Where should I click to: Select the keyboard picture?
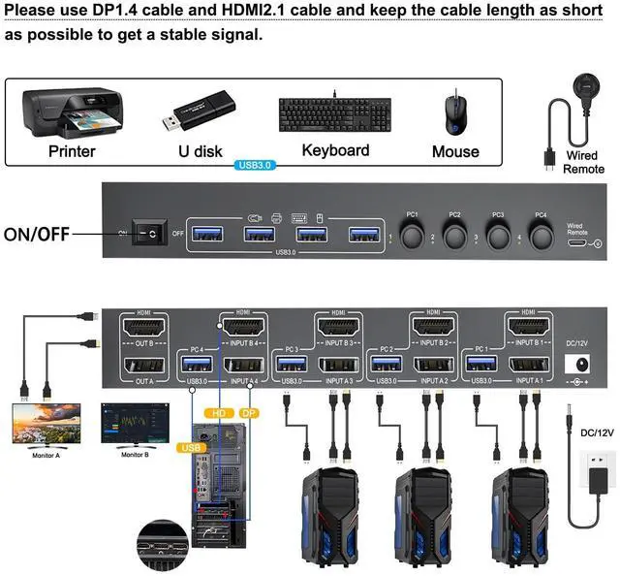[x=335, y=115]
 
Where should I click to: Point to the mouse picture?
[x=454, y=113]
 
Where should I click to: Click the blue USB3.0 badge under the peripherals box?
[x=256, y=166]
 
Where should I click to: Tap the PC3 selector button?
[x=497, y=237]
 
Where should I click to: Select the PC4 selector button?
[x=541, y=237]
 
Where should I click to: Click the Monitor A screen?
[x=46, y=424]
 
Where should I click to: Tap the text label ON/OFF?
[x=35, y=234]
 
